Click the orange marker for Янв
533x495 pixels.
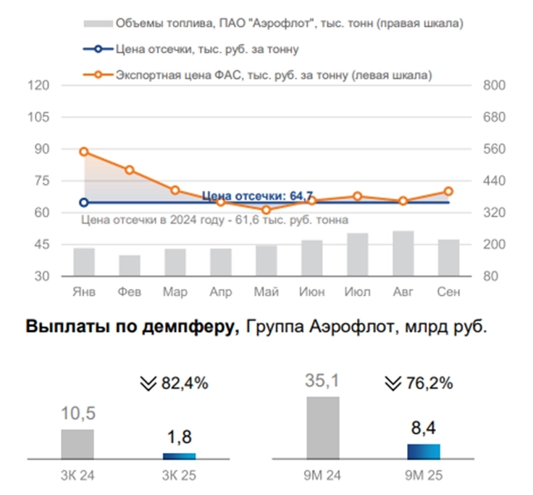click(84, 152)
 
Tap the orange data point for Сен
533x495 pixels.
click(448, 191)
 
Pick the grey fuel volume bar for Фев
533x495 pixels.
click(130, 265)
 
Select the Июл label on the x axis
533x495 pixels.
click(357, 292)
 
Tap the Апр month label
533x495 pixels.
click(220, 292)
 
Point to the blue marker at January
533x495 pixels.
click(84, 203)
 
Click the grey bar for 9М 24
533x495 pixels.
click(322, 428)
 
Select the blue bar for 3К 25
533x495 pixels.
click(179, 456)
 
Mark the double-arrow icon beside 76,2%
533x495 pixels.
click(393, 383)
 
